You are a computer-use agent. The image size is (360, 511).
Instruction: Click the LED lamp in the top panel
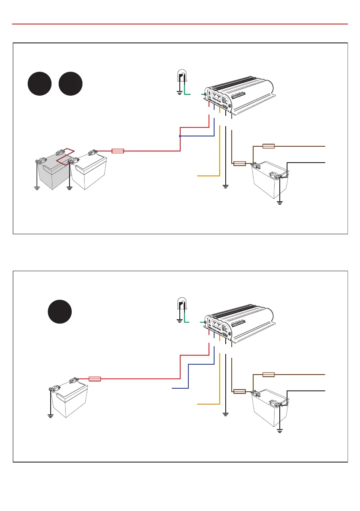point(182,77)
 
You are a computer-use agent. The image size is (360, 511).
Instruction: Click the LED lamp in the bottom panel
point(182,305)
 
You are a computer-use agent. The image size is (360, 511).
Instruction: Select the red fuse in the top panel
point(118,151)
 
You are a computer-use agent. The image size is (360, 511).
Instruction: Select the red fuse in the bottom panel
point(94,379)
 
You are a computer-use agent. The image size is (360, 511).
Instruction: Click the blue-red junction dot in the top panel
point(180,136)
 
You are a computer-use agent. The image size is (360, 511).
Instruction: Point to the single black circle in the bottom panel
point(59,312)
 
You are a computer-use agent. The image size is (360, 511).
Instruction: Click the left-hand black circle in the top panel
point(40,84)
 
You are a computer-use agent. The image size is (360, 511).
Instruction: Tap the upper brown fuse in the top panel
point(268,146)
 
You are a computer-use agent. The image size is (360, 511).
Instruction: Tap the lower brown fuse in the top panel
point(239,163)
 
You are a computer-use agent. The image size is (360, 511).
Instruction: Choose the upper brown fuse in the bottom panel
point(268,375)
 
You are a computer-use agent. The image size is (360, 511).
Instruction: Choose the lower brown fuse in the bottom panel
point(239,391)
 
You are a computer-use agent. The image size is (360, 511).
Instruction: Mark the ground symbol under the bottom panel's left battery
point(50,415)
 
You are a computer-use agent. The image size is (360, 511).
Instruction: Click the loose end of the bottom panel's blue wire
point(172,388)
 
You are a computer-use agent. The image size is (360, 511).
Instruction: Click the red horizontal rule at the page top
point(180,24)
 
